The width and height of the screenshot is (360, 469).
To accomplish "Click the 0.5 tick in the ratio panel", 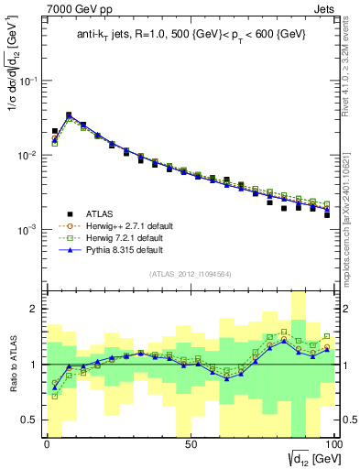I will pos(30,420).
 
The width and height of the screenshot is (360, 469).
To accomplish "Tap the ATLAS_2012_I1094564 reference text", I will pos(190,274).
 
